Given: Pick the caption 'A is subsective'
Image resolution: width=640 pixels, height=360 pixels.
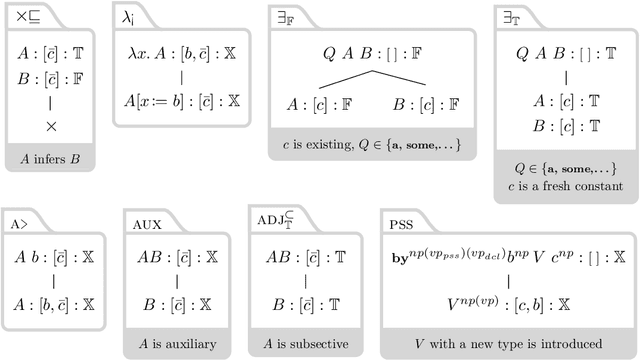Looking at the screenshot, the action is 302,345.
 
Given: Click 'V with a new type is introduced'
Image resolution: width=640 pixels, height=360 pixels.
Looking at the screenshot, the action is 506,345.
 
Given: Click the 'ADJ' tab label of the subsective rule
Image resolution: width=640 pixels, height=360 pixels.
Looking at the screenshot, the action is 273,222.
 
